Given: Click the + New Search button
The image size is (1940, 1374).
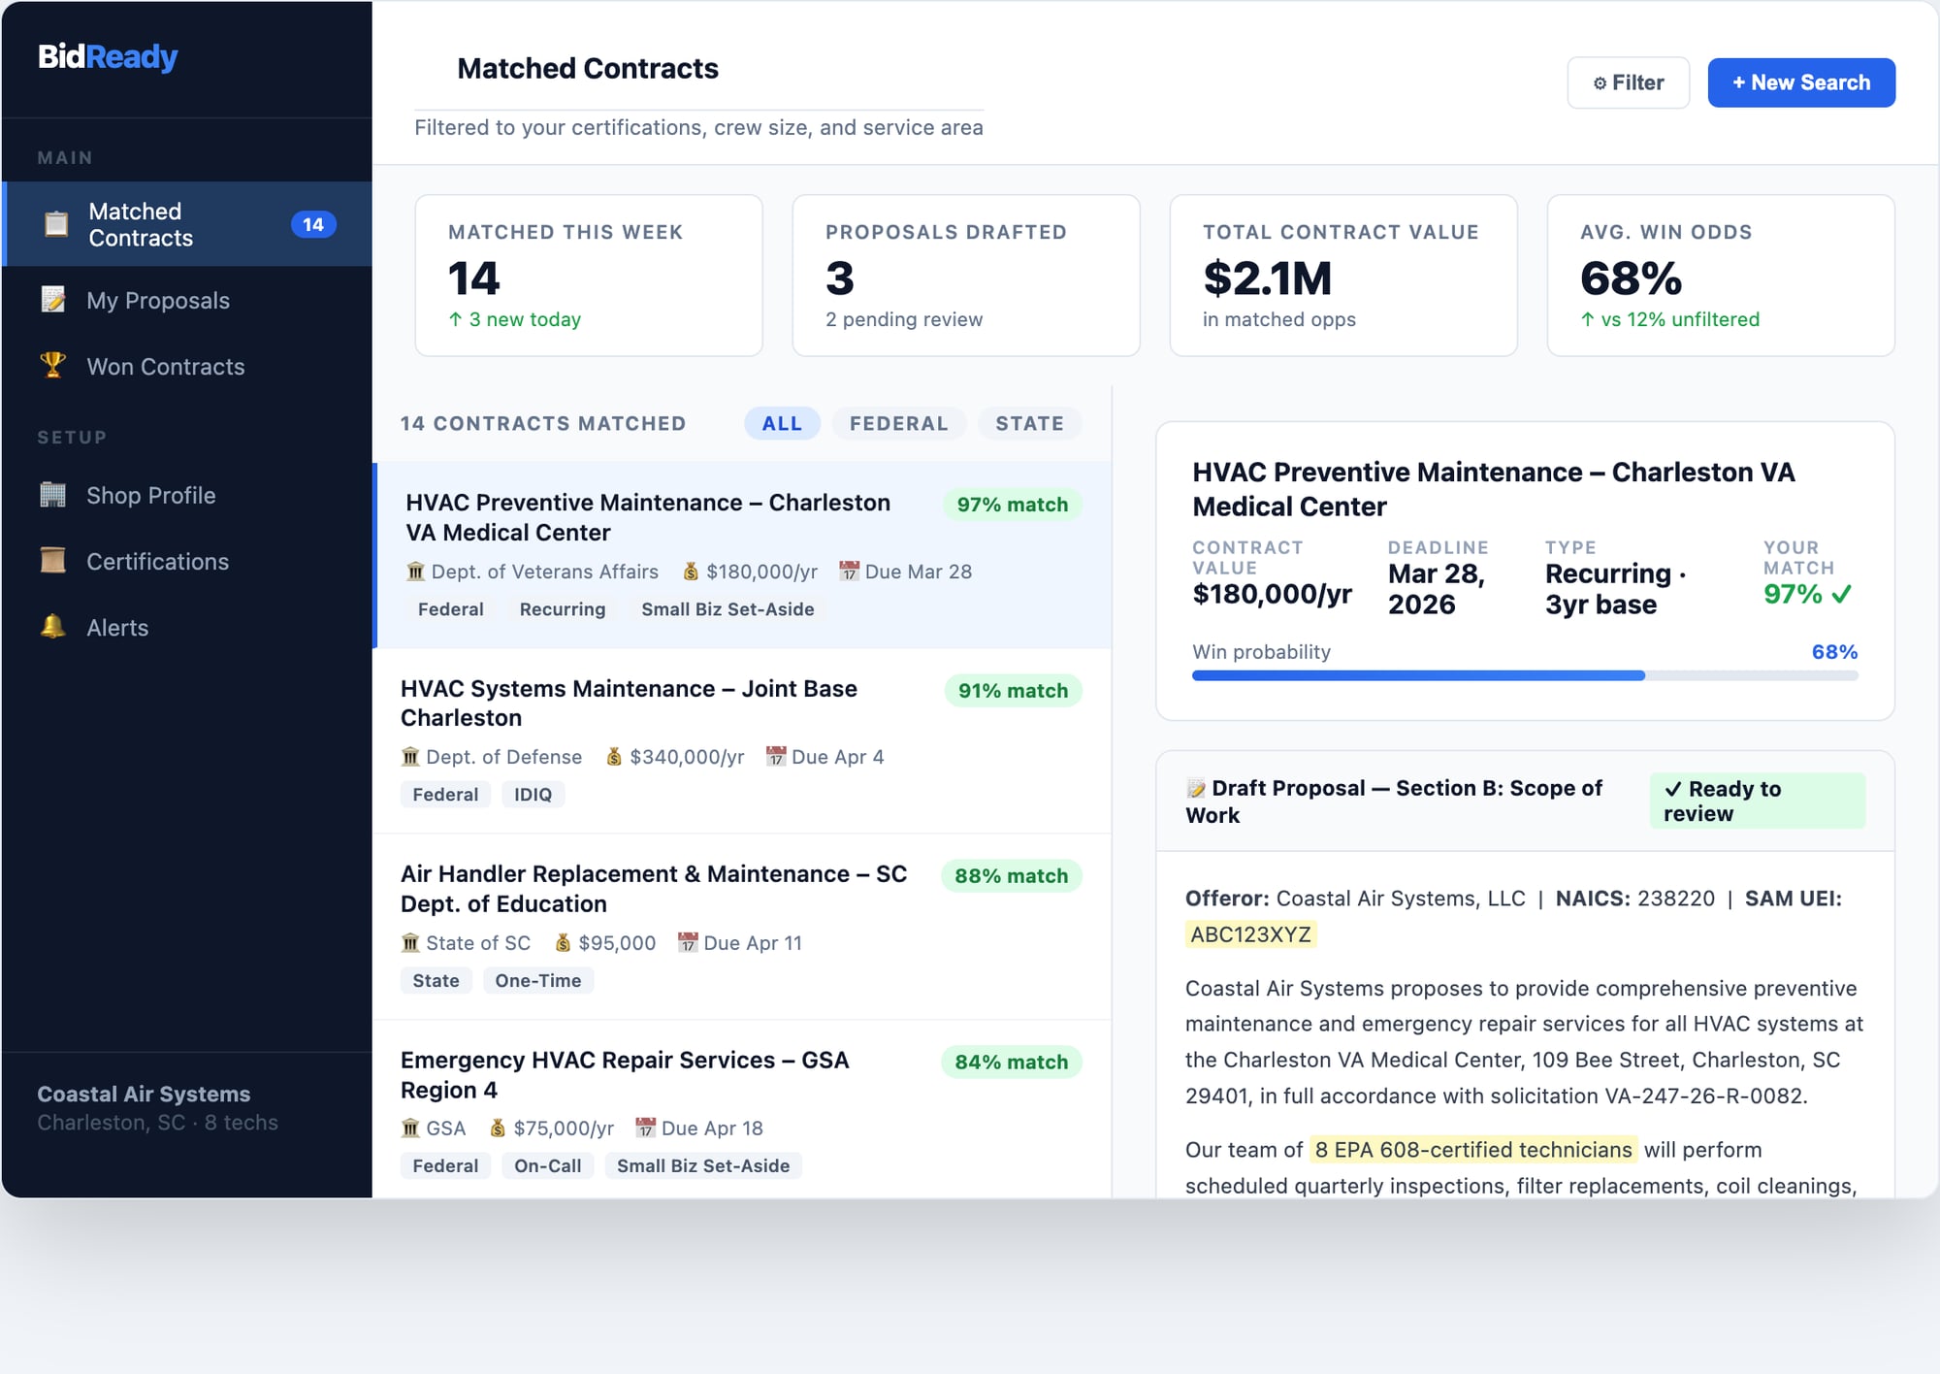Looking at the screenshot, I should point(1800,82).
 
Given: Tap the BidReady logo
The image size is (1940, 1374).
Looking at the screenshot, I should point(108,57).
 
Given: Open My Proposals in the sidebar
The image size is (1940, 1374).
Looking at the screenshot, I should point(157,301).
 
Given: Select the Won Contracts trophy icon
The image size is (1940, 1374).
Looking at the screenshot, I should point(53,366).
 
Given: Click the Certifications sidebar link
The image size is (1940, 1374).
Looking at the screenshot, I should point(157,562).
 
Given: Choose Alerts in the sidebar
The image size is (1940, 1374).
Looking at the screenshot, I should point(117,628).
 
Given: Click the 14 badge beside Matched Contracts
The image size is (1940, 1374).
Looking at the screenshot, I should point(312,224).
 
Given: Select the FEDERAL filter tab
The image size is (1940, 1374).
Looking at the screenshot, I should point(898,423).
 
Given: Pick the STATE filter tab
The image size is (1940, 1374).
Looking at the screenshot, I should point(1029,423).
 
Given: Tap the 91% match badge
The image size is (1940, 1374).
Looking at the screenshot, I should point(1013,691).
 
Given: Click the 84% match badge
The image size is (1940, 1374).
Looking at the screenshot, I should point(1011,1062).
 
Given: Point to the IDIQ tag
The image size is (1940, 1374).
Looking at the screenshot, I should point(533,795).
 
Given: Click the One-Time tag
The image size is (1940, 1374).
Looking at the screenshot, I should point(537,980).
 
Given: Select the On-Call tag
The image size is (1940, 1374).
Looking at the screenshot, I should point(547,1165).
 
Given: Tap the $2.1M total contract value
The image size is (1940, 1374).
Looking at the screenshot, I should point(1267,278).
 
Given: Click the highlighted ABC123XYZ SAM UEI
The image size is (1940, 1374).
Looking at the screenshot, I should point(1250,934).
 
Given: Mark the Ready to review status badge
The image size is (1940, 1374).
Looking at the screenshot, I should point(1756,801).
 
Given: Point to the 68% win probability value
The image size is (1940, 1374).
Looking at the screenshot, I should point(1833,652).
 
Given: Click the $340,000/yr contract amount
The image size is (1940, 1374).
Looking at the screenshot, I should point(686,757).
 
